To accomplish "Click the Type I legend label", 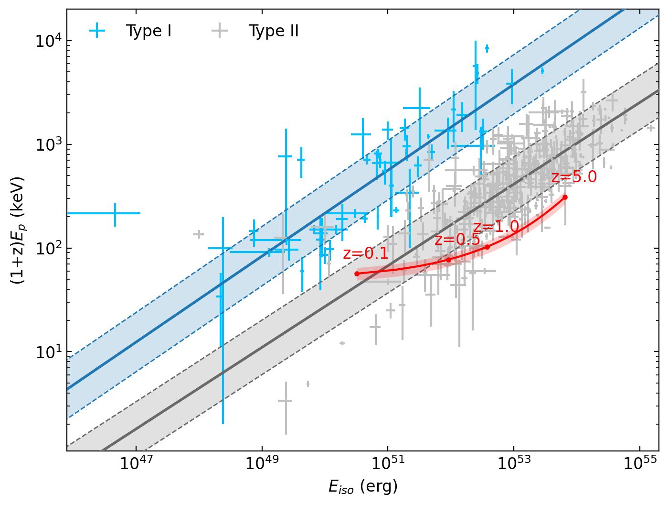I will tap(148, 31).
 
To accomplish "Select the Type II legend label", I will tap(274, 31).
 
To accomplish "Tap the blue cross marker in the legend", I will tap(97, 31).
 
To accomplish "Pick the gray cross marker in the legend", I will tap(220, 31).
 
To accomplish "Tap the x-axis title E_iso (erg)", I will tap(363, 487).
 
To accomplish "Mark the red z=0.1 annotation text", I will tap(366, 253).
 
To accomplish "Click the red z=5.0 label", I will tap(574, 177).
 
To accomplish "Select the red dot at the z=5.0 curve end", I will tap(565, 197).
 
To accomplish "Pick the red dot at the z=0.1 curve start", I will tap(357, 274).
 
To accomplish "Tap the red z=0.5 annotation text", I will tap(457, 240).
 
